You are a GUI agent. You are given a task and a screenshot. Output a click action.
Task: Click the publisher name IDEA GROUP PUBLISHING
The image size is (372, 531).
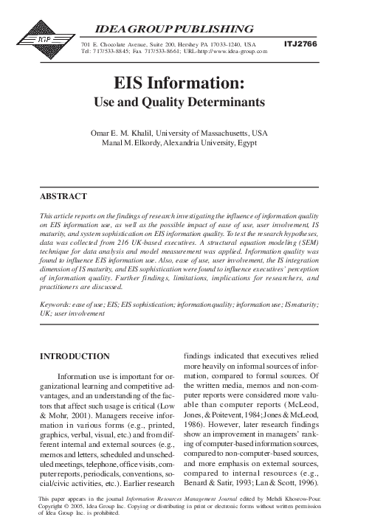pos(170,29)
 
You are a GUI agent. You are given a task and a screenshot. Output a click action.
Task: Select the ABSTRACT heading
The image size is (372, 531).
pos(63,197)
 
